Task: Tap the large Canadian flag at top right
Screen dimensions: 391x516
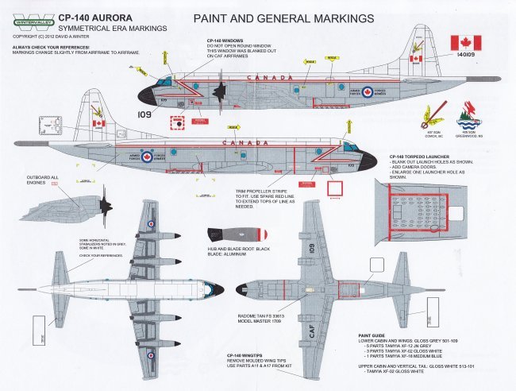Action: [x=466, y=43]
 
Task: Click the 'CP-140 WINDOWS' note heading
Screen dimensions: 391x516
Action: [x=225, y=40]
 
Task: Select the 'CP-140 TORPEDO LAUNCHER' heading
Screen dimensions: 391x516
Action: [x=417, y=157]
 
